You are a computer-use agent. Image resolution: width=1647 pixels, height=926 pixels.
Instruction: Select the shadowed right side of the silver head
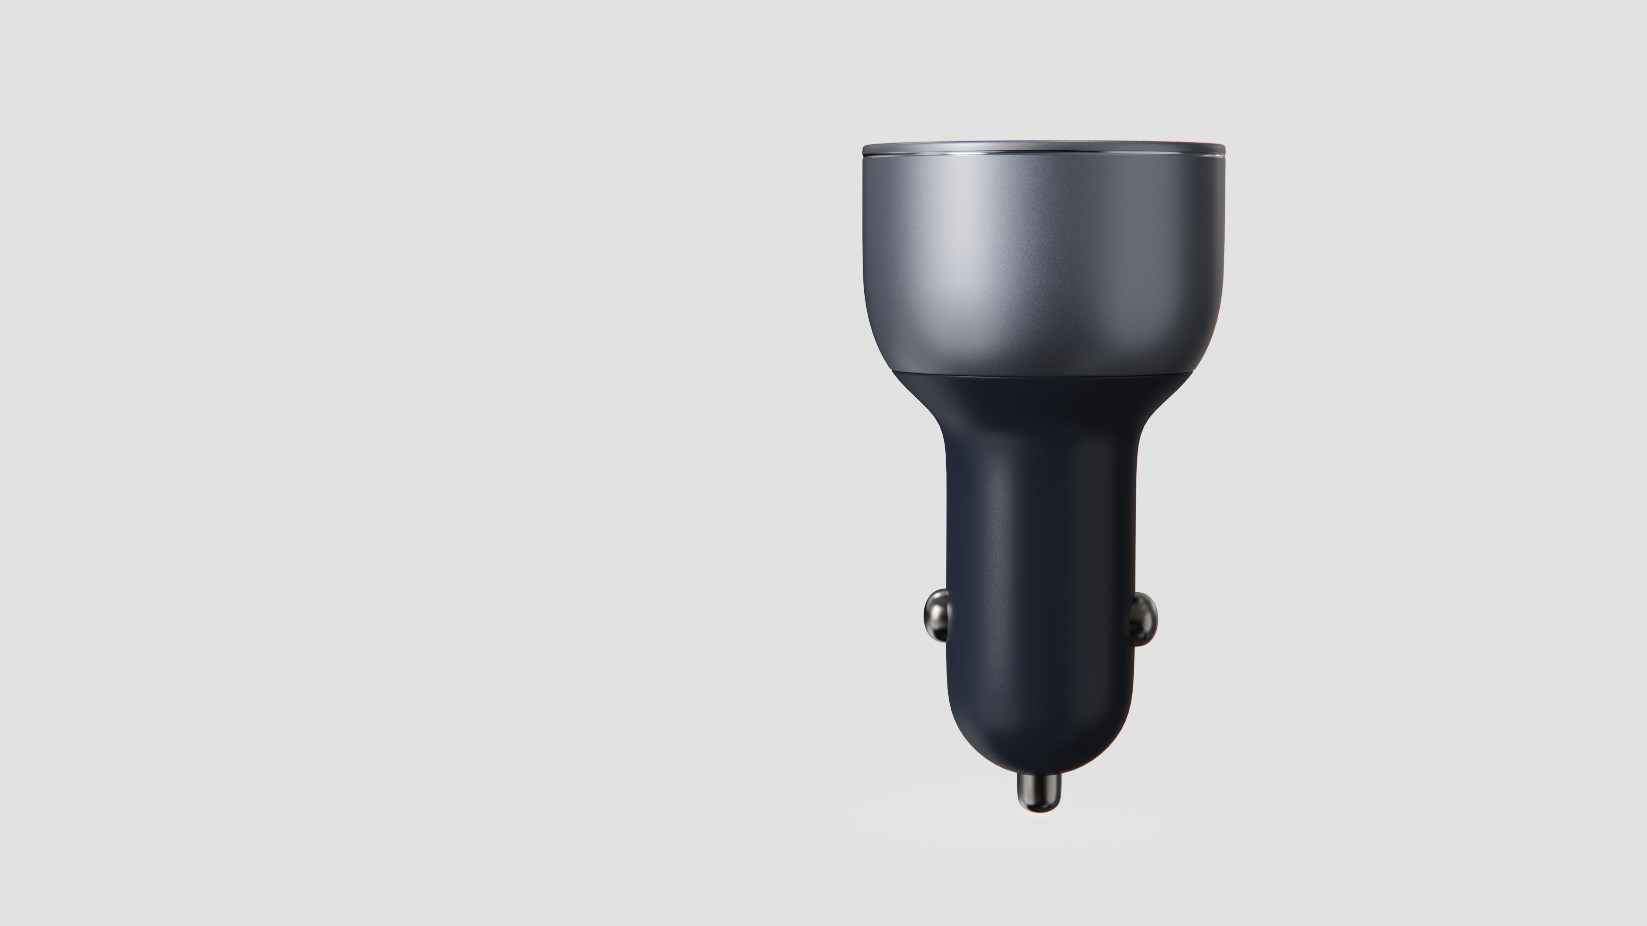(x=1189, y=256)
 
